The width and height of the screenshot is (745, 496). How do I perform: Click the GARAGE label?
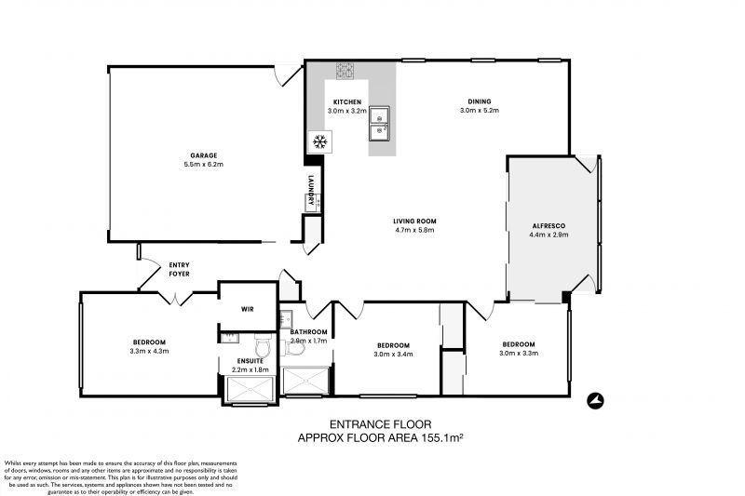click(204, 155)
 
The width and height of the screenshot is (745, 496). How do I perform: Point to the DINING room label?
click(480, 101)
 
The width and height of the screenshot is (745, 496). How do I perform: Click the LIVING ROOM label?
click(414, 221)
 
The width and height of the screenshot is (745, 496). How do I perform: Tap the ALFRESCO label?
click(549, 225)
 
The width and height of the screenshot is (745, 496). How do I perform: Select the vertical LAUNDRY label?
click(311, 191)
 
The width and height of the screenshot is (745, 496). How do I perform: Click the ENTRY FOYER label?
click(180, 270)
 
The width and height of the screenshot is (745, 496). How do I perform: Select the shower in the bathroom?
click(306, 382)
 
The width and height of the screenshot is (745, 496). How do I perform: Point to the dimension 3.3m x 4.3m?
click(149, 352)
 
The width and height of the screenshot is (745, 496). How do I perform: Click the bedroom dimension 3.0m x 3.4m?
click(391, 354)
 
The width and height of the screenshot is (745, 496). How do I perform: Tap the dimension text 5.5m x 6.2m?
click(204, 165)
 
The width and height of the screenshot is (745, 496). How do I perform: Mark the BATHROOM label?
click(308, 332)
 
